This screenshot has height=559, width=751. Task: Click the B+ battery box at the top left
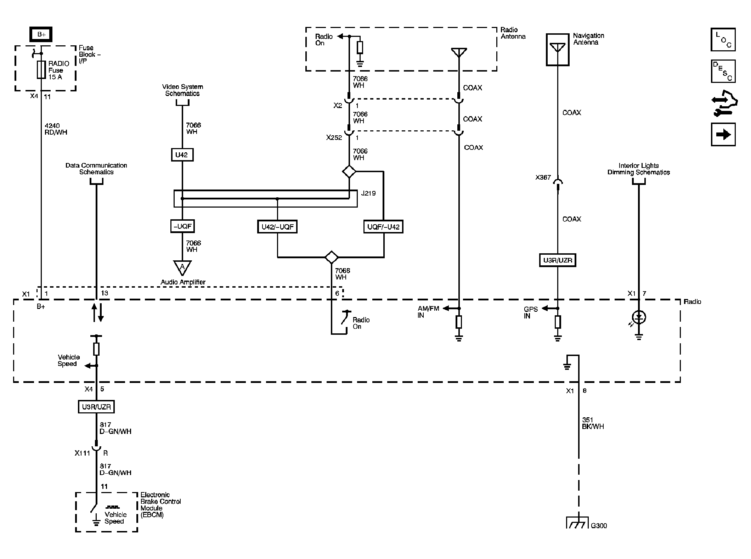(x=41, y=34)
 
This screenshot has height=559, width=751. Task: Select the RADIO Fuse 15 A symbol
(x=41, y=69)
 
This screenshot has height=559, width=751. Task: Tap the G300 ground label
(x=599, y=526)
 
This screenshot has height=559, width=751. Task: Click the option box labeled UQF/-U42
(x=383, y=227)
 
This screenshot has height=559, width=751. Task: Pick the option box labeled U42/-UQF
(x=277, y=227)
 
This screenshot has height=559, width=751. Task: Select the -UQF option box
(x=182, y=226)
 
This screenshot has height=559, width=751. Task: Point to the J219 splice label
(x=368, y=193)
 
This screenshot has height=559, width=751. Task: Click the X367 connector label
(x=543, y=177)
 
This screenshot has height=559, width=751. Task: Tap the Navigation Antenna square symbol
(x=558, y=50)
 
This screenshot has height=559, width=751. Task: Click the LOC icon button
(x=723, y=40)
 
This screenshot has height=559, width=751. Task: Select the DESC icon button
(x=723, y=71)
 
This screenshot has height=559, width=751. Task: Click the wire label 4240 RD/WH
(x=56, y=129)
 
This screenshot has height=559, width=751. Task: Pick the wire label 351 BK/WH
(x=593, y=423)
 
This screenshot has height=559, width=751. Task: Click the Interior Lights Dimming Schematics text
(x=638, y=169)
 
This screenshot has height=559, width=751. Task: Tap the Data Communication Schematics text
(x=96, y=169)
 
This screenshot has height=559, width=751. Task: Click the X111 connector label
(x=82, y=453)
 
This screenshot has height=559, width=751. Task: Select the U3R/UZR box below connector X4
(x=96, y=407)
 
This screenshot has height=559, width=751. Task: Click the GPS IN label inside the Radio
(x=530, y=312)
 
